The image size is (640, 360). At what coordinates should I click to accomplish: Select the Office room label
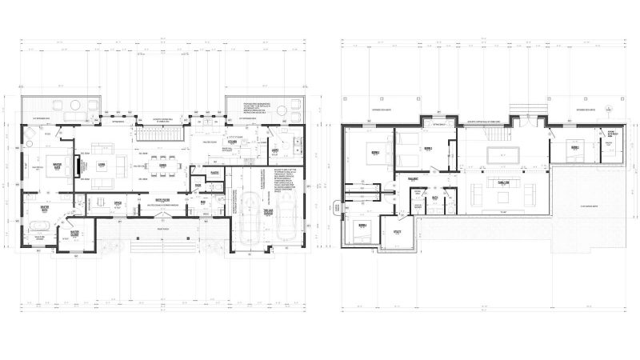coord(117,203)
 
